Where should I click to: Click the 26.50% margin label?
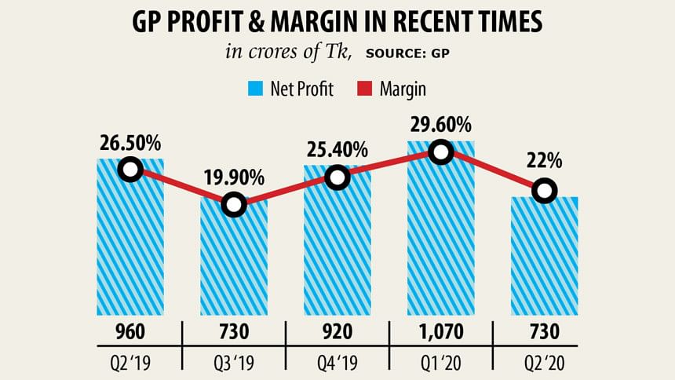pos(130,144)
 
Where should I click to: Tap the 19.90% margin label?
pos(234,177)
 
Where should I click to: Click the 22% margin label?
pos(544,161)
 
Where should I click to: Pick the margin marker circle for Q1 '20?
pos(441,152)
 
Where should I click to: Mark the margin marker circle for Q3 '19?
pos(234,205)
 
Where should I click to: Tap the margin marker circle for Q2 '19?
pos(130,169)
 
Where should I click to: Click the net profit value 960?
pos(130,331)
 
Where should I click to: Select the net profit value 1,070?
pos(440,331)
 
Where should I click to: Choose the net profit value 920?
pos(337,331)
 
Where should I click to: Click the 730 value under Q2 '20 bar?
pos(544,331)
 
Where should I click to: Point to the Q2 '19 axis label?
pos(130,364)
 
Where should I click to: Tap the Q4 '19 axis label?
pos(337,364)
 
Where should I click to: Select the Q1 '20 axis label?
pos(440,364)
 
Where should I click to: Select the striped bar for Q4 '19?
pos(337,251)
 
